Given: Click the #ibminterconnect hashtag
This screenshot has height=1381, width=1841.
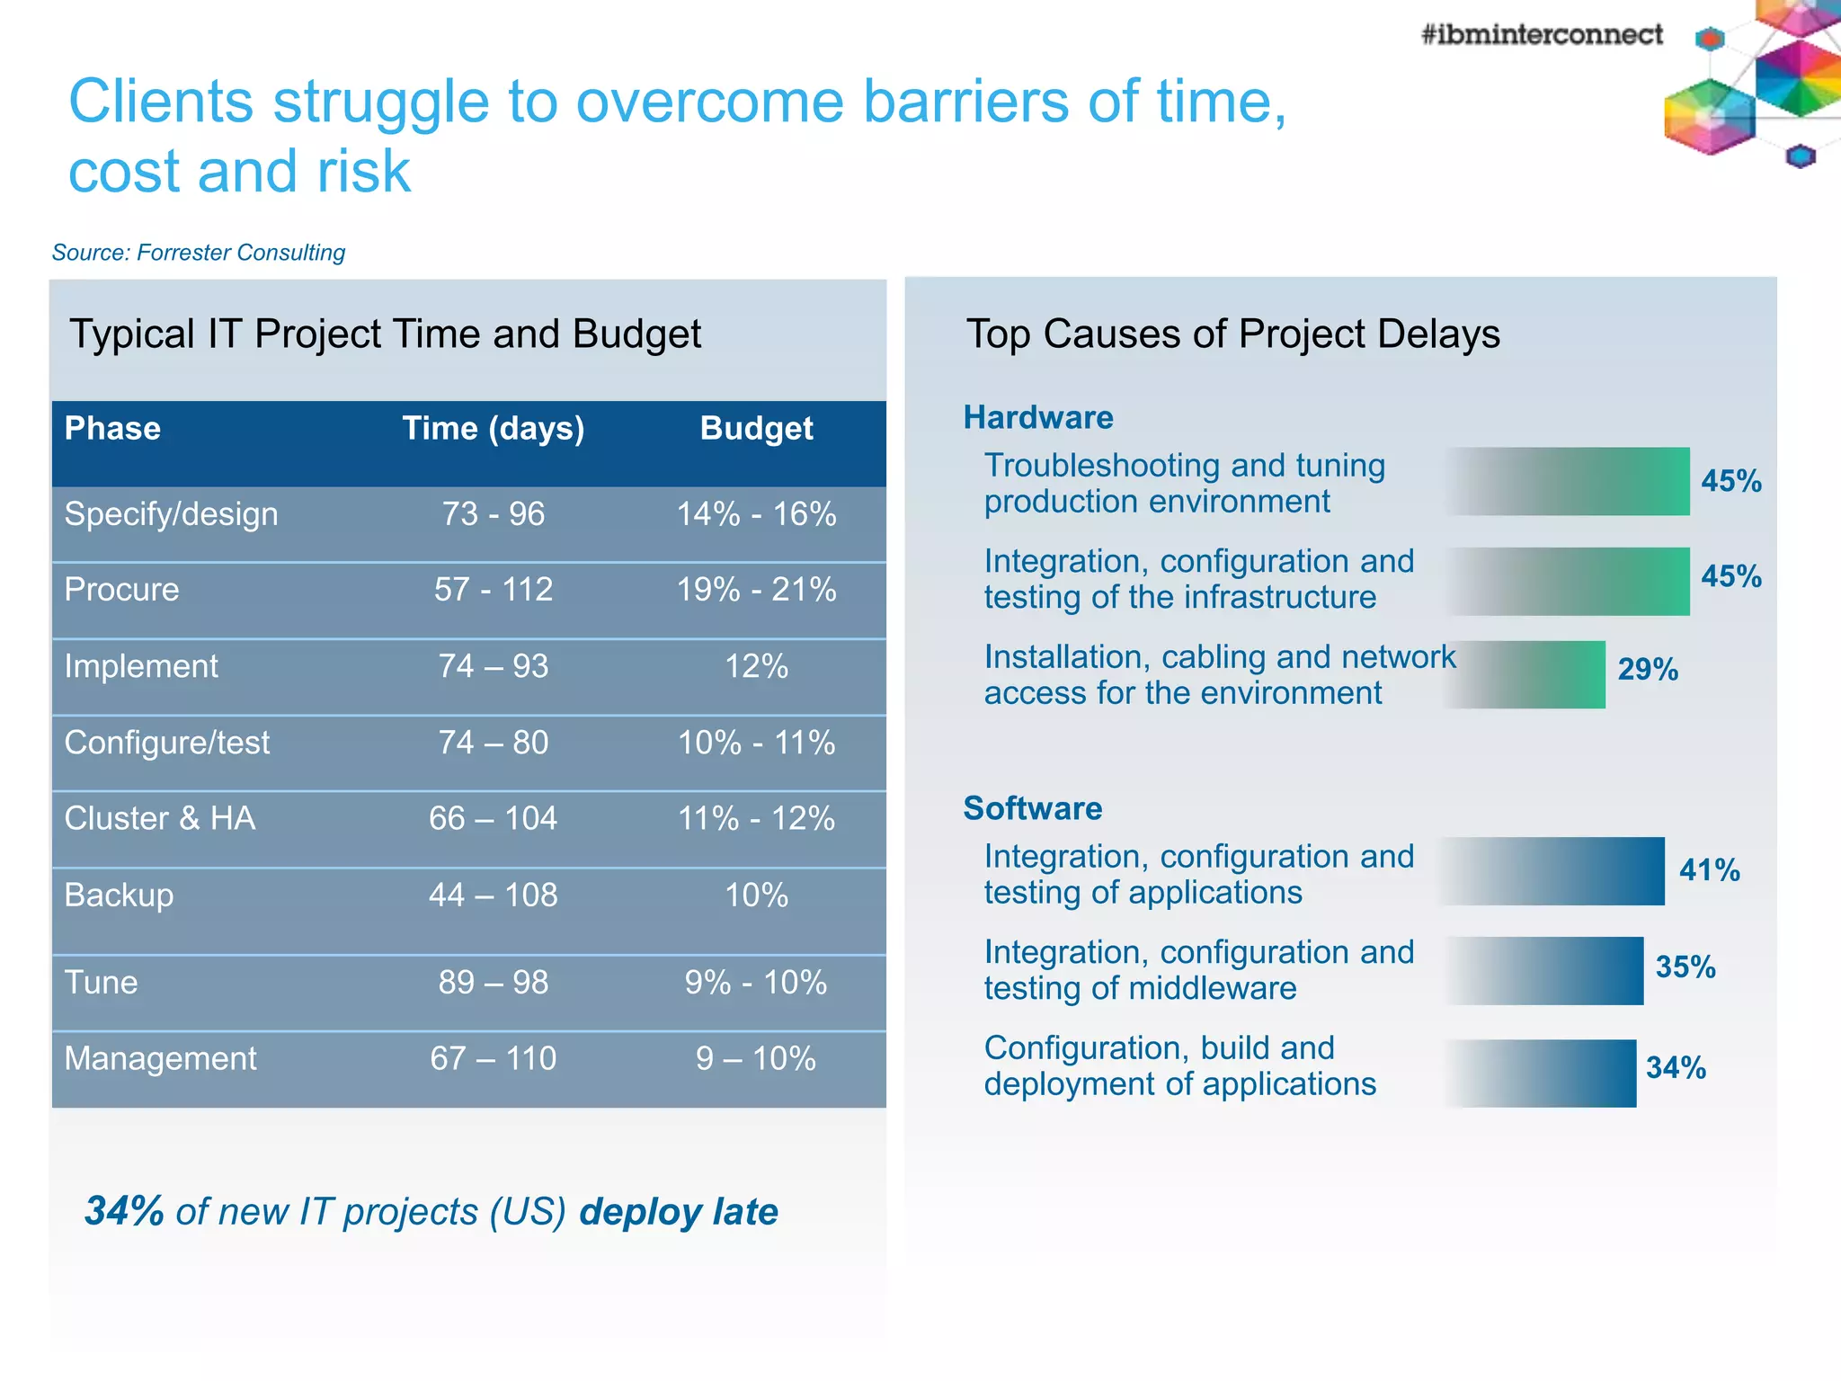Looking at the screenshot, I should click(1541, 34).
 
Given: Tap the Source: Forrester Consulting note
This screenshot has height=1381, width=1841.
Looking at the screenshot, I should click(199, 253).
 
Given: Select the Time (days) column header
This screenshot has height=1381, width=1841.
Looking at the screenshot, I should click(493, 428).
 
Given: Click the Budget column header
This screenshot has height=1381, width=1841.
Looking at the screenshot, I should click(756, 428).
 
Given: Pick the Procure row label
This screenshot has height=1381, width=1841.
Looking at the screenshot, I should click(122, 590).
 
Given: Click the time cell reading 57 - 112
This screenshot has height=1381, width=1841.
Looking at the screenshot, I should click(493, 590).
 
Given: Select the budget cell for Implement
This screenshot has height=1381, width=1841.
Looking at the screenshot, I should click(756, 666).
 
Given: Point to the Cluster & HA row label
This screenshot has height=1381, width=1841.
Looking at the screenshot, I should click(160, 818).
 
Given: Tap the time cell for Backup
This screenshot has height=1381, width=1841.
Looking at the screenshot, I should click(493, 895).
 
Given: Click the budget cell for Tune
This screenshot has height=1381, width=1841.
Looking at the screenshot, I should click(756, 982).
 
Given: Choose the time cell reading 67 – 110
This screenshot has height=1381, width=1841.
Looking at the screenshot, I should click(493, 1058).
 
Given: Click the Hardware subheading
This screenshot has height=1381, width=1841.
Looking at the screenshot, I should click(1038, 417).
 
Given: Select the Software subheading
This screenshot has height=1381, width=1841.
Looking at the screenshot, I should click(1033, 808).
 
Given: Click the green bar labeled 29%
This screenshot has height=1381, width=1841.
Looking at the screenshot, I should click(1537, 674).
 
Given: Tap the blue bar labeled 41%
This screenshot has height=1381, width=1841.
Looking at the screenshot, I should click(1564, 870).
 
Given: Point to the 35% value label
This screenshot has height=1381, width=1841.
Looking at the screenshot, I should click(1685, 967).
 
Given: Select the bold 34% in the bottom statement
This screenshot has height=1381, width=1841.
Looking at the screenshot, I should click(124, 1211).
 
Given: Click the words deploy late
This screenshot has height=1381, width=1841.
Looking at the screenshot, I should click(679, 1211).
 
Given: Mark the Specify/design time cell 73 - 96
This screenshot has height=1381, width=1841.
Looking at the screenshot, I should click(493, 514).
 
